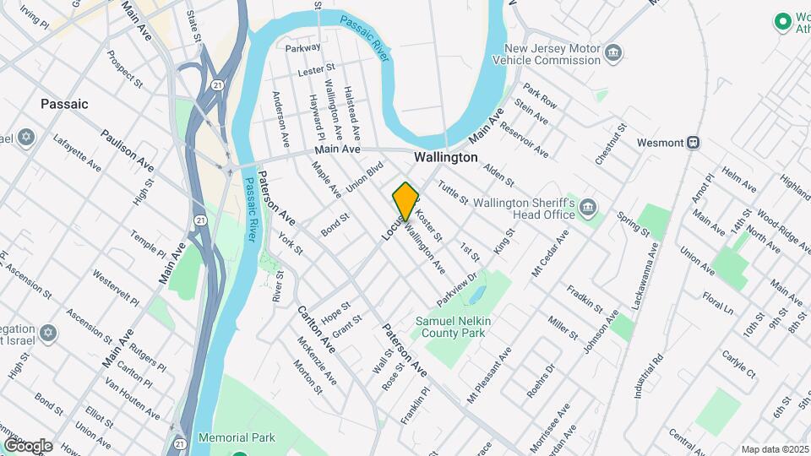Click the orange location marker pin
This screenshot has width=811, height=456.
coord(405,202)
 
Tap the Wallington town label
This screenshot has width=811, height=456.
coord(445,158)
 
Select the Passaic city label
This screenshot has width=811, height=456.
coord(64,104)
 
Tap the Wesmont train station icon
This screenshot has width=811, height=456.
coord(693,143)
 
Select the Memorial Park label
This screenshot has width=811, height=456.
coord(237,437)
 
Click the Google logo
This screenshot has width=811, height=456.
coord(27,445)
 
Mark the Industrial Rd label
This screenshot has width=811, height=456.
coord(650,372)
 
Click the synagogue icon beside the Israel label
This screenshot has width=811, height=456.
coord(47,334)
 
